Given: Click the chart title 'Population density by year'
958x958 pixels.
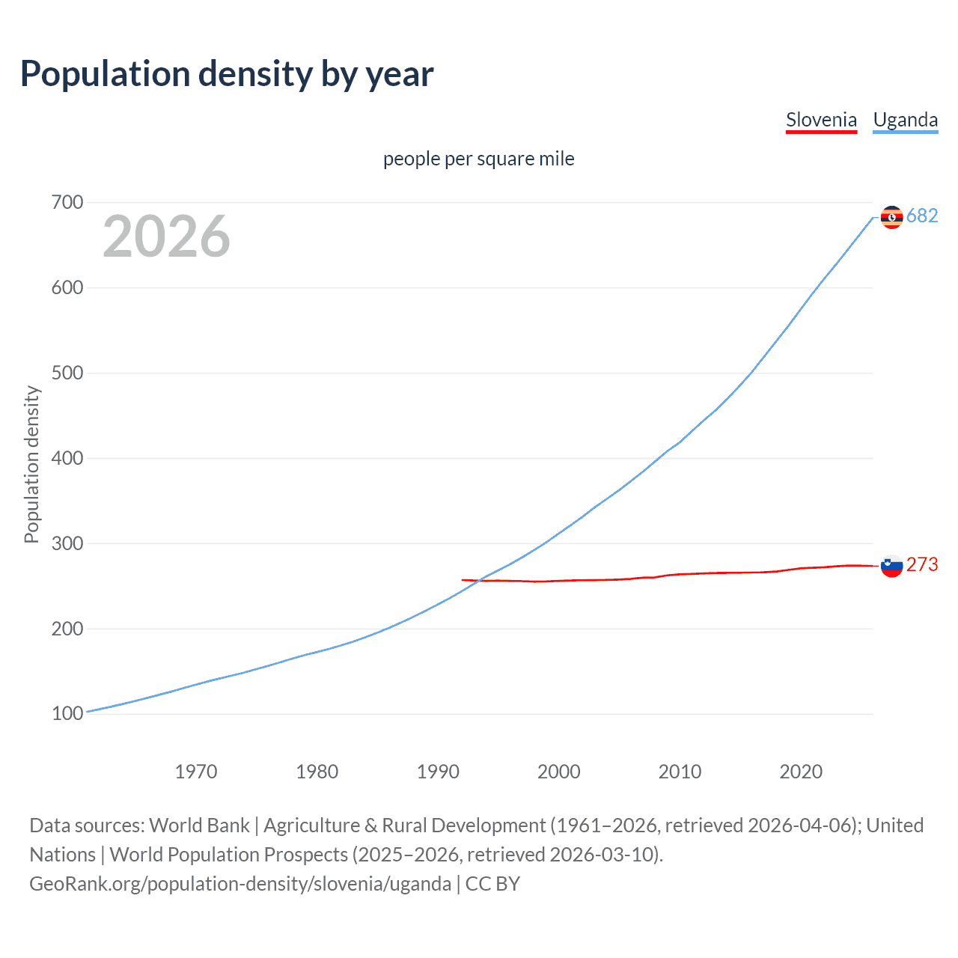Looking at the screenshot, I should click(x=227, y=74).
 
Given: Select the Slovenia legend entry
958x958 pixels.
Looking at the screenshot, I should click(x=821, y=120).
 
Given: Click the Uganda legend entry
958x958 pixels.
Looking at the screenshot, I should click(x=905, y=120).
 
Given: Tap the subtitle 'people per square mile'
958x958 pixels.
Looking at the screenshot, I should click(x=478, y=159).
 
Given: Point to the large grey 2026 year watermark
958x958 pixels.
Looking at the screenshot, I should click(x=166, y=237).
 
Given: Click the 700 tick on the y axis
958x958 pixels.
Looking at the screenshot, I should click(x=67, y=202).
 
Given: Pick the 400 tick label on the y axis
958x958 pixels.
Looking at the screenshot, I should click(x=67, y=458).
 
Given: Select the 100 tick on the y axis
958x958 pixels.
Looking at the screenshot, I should click(x=67, y=714).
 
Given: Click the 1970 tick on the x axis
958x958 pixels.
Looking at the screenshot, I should click(x=196, y=771).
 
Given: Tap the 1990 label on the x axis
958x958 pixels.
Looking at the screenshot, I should click(x=438, y=771).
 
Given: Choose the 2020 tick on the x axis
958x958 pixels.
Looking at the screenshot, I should click(x=801, y=771).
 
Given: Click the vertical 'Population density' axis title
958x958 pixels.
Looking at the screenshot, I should click(x=31, y=464).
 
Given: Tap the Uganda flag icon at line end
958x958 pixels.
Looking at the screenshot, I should click(x=891, y=217).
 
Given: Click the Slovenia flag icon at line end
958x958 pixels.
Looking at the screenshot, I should click(x=891, y=566).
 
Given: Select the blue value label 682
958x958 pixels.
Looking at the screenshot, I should click(x=922, y=216).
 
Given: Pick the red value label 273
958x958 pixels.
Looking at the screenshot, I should click(x=922, y=565).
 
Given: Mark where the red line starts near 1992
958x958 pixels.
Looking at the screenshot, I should click(x=463, y=579).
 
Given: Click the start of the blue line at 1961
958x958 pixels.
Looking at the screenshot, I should click(x=88, y=712).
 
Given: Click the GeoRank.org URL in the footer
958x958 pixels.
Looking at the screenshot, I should click(x=240, y=884).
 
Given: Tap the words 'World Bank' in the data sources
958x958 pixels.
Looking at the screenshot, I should click(x=199, y=826).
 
